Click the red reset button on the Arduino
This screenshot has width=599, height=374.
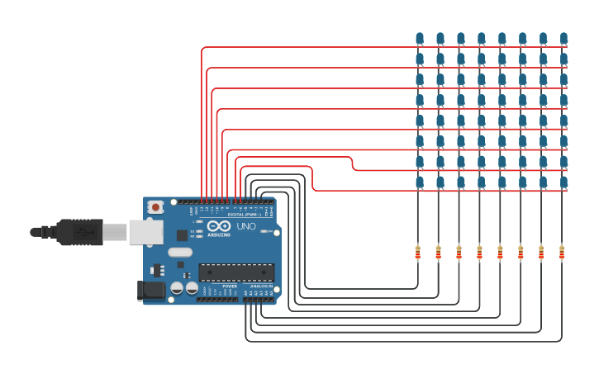[x=155, y=207]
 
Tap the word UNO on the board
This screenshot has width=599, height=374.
[x=246, y=226]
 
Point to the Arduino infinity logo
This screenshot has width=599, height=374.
[x=219, y=226]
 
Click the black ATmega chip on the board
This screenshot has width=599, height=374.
[x=236, y=272]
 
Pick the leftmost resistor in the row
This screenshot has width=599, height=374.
[x=417, y=253]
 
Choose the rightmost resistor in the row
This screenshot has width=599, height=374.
[x=562, y=253]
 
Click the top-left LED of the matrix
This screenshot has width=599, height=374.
[x=420, y=38]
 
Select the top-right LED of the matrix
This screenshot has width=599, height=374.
[x=563, y=38]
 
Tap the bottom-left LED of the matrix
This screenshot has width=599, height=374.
[x=420, y=182]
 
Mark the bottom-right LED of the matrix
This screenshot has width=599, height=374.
[x=563, y=182]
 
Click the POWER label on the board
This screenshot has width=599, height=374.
[x=230, y=286]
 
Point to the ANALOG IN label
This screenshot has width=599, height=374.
[x=262, y=286]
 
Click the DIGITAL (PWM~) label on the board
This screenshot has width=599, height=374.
[x=242, y=215]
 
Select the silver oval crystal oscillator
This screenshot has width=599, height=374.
[x=180, y=253]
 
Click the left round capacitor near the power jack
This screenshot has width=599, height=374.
[x=177, y=288]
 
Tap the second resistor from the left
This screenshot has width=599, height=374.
[x=438, y=253]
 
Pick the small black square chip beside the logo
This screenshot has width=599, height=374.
[x=182, y=235]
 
